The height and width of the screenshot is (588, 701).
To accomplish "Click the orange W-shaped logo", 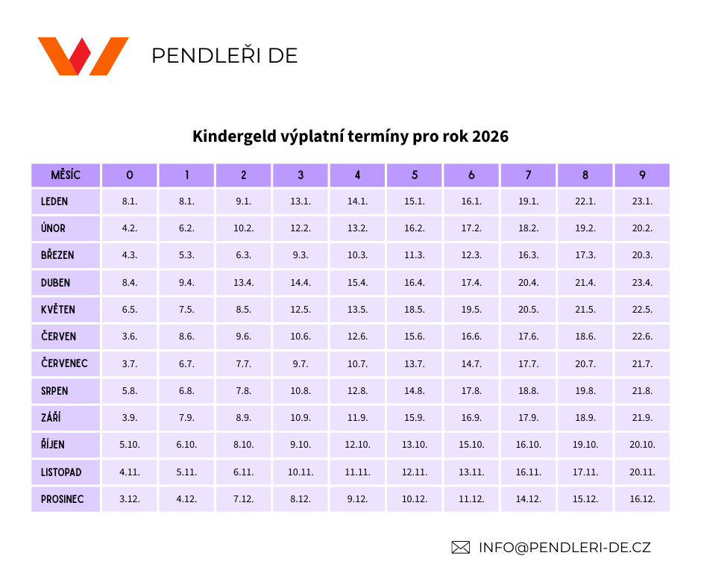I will pyautogui.click(x=83, y=56).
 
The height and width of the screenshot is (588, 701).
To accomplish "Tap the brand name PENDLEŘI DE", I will pyautogui.click(x=224, y=56).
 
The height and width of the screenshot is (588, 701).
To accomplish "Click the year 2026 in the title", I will pyautogui.click(x=490, y=137).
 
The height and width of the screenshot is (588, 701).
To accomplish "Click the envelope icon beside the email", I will pyautogui.click(x=460, y=547).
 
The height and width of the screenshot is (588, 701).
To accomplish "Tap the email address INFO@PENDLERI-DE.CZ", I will pyautogui.click(x=565, y=547).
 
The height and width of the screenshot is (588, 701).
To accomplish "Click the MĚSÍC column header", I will pyautogui.click(x=66, y=175).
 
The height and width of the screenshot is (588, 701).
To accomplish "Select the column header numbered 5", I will pyautogui.click(x=415, y=175).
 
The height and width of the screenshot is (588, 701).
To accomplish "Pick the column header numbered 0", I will pyautogui.click(x=130, y=175).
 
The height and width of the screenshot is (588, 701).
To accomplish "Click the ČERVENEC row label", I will pyautogui.click(x=66, y=364).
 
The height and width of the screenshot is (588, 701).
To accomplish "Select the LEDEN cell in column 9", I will pyautogui.click(x=642, y=201).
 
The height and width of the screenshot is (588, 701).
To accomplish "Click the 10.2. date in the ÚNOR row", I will pyautogui.click(x=244, y=228).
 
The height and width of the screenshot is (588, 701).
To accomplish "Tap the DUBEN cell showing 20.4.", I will pyautogui.click(x=528, y=283).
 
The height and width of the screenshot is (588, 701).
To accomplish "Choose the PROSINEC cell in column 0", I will pyautogui.click(x=130, y=499).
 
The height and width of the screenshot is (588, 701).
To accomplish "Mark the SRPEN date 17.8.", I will pyautogui.click(x=471, y=391).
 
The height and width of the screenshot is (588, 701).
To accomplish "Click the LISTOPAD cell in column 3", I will pyautogui.click(x=301, y=472).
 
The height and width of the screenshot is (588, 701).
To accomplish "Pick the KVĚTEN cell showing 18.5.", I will pyautogui.click(x=415, y=310).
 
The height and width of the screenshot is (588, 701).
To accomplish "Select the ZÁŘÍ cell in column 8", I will pyautogui.click(x=585, y=418).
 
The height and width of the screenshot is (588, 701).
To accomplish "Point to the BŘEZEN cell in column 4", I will pyautogui.click(x=357, y=255).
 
